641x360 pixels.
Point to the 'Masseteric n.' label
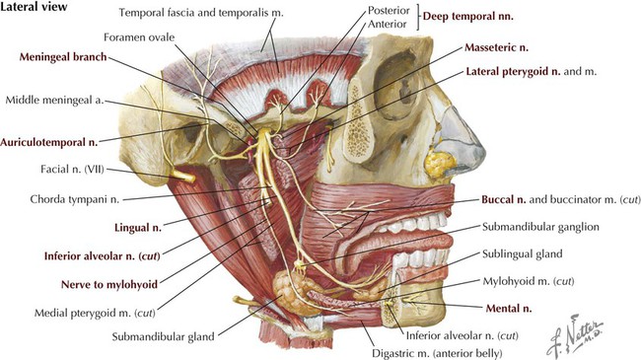[x=505, y=46]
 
